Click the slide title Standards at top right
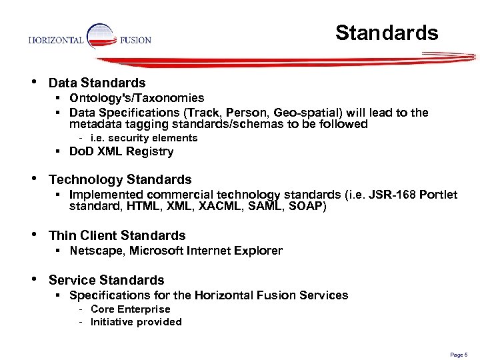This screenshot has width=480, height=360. tap(387, 33)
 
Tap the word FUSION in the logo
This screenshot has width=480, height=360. tap(135, 40)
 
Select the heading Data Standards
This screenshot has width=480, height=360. tap(97, 83)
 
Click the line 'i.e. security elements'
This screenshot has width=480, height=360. tap(144, 138)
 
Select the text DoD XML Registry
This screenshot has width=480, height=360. tap(121, 152)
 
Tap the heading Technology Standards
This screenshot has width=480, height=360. tap(120, 179)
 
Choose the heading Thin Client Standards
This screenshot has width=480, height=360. tap(117, 235)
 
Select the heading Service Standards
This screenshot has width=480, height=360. tap(107, 280)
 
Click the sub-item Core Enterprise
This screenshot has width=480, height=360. tap(130, 309)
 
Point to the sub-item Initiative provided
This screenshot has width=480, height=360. tap(136, 322)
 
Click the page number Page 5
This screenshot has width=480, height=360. tap(459, 355)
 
